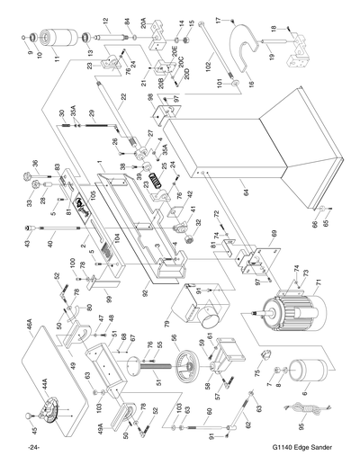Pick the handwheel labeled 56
pyautogui.click(x=184, y=369)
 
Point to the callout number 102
pyautogui.click(x=207, y=66)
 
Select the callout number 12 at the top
pyautogui.click(x=105, y=21)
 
